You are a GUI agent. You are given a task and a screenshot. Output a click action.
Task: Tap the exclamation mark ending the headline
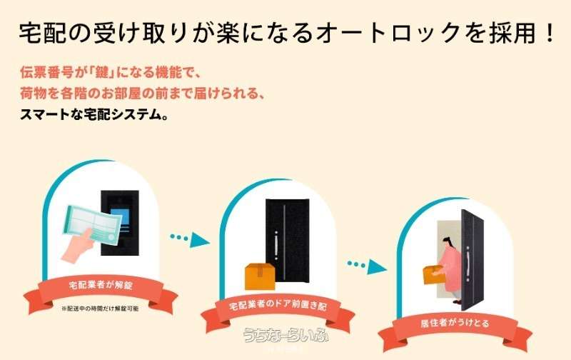[x=550, y=32]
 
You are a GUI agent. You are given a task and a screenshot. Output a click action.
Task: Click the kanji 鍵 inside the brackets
[x=102, y=72]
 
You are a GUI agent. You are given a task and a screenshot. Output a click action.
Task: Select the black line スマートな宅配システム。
[x=94, y=114]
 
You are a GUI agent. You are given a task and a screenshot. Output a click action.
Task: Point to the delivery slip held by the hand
[x=94, y=224]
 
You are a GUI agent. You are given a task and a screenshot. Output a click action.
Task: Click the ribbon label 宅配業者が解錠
[x=101, y=284]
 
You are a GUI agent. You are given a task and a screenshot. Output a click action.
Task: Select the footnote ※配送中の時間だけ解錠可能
[x=100, y=309]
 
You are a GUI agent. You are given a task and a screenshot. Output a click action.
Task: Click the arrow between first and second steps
[x=190, y=239]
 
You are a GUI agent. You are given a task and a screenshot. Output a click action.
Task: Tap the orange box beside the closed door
[x=260, y=276]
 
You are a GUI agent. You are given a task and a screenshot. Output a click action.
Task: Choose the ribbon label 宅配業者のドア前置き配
[x=278, y=305]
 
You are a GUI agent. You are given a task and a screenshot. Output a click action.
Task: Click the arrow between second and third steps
[x=367, y=266]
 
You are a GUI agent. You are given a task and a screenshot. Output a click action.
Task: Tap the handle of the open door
[x=468, y=263]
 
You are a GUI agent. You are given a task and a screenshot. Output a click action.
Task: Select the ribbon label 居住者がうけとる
[x=455, y=323]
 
